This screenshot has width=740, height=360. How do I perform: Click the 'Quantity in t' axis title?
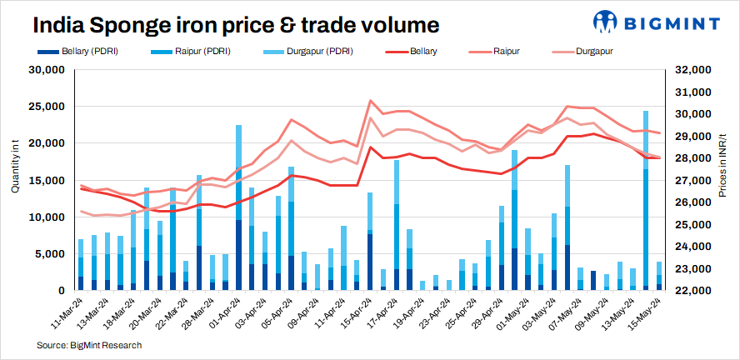15,167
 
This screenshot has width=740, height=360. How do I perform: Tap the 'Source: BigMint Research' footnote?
89,345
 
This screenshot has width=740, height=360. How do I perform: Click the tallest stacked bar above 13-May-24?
646,200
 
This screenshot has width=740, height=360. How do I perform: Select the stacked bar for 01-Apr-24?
239,208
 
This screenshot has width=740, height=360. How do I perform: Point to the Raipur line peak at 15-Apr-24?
370,101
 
